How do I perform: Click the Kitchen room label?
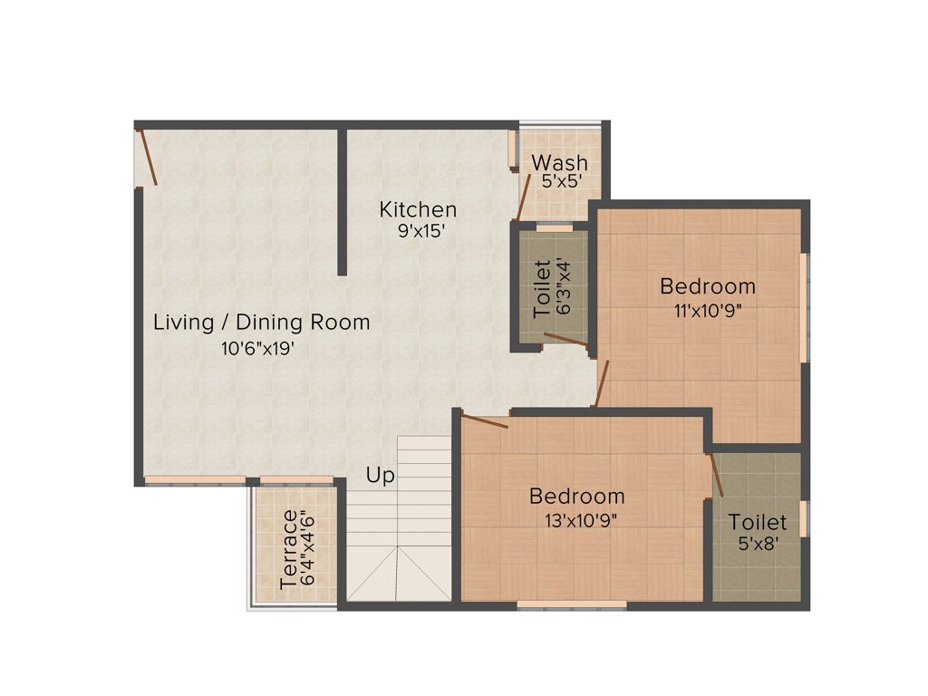click(418, 209)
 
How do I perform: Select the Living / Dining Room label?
click(261, 322)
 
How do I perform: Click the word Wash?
click(559, 162)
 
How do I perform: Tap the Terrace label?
click(289, 549)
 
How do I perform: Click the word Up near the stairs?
click(381, 475)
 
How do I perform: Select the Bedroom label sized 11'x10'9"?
click(708, 286)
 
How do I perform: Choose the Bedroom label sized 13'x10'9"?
click(577, 496)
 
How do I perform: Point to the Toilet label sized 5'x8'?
click(758, 523)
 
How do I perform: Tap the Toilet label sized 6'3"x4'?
click(543, 288)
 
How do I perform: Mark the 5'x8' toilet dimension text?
click(758, 545)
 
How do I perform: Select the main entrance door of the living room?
click(148, 158)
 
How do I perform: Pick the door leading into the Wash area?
click(523, 195)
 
